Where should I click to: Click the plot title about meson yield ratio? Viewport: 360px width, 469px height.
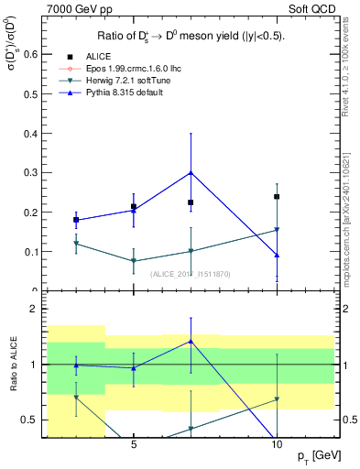pos(191,37)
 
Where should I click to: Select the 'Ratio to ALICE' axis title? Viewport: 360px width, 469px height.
pos(12,365)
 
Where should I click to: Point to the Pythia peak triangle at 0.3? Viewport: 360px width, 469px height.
pos(191,172)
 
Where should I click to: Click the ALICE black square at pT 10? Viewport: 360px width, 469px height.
pos(277,197)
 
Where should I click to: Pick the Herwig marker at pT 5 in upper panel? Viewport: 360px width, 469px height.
pos(134,261)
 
